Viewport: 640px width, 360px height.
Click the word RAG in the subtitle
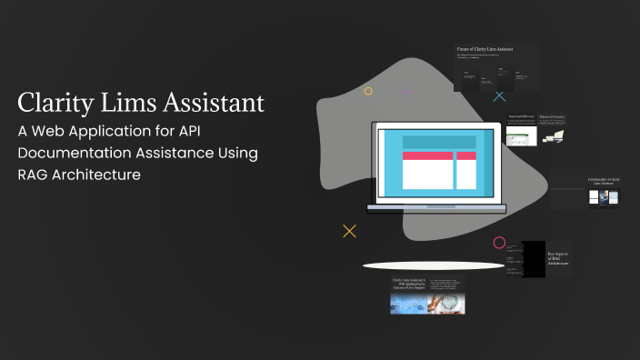35,174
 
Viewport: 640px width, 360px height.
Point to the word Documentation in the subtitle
78,152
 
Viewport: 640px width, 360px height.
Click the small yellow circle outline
368,91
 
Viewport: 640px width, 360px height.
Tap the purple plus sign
405,91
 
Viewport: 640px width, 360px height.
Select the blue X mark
499,95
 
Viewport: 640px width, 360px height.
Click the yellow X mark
349,231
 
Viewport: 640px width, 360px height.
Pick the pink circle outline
499,243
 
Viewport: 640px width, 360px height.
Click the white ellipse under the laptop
433,265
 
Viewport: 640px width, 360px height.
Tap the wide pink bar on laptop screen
427,155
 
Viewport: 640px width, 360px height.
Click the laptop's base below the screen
436,208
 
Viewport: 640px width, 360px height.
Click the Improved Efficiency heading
521,117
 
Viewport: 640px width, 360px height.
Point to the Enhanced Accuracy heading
552,117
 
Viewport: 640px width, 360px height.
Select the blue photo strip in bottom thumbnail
427,303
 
